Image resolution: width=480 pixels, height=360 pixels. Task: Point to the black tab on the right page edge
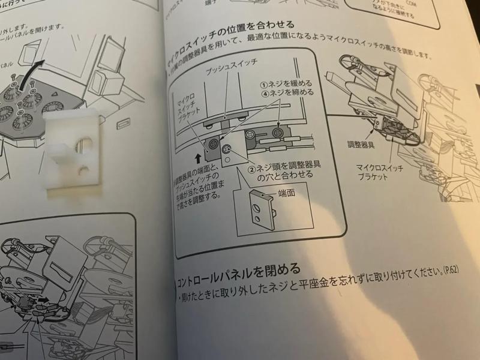tap(477, 89)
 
